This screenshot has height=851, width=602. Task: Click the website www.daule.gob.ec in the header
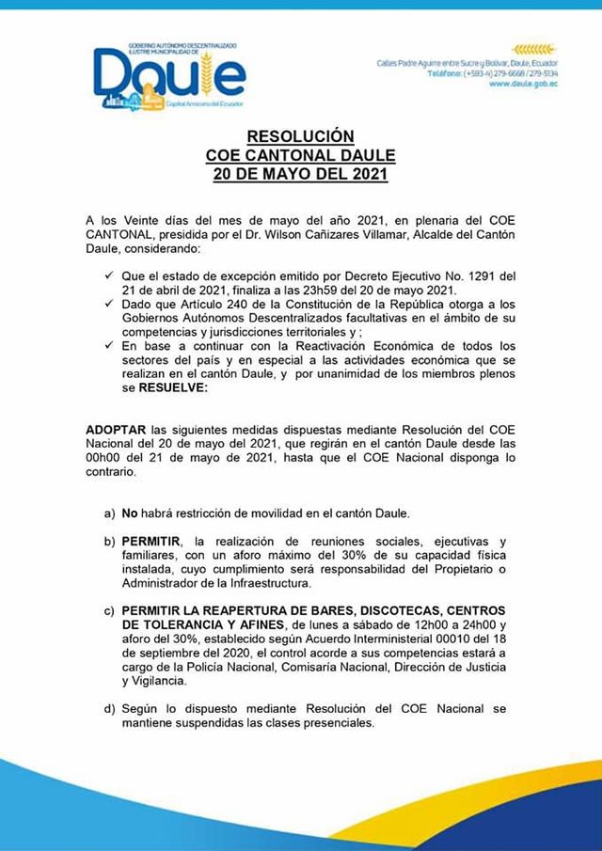pyautogui.click(x=522, y=84)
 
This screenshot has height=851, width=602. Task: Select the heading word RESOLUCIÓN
pyautogui.click(x=301, y=136)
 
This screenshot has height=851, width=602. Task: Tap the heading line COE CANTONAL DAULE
pyautogui.click(x=301, y=155)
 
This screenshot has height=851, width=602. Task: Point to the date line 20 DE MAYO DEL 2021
pyautogui.click(x=301, y=174)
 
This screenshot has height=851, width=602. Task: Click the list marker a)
pyautogui.click(x=109, y=514)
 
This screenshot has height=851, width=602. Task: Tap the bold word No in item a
pyautogui.click(x=130, y=514)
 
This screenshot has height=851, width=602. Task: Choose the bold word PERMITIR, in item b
pyautogui.click(x=151, y=543)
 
